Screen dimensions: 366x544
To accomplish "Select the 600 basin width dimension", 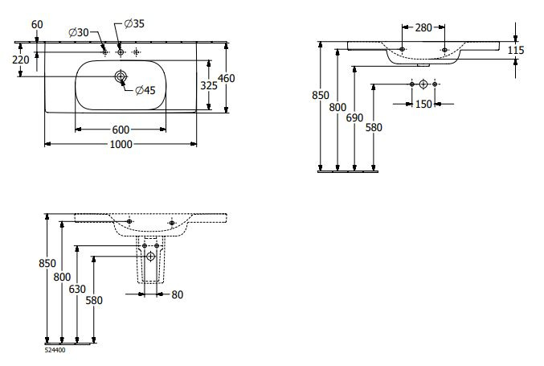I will click(x=121, y=130).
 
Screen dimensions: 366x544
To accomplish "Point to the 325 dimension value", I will click(x=209, y=84).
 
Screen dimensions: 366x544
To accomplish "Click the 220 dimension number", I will click(x=22, y=59).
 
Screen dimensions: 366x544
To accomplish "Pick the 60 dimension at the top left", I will click(x=37, y=25).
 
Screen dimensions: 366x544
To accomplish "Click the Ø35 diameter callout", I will click(x=134, y=23).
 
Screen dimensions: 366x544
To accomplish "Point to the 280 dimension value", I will click(x=425, y=27).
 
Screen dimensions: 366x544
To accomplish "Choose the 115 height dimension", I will click(x=516, y=50).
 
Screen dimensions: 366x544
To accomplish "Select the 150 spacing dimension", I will click(x=423, y=103).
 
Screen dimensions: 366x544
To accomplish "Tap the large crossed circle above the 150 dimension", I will click(x=423, y=84).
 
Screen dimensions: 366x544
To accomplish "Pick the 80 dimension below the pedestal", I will click(x=177, y=294).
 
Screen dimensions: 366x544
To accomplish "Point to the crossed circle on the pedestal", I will click(x=150, y=256).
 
